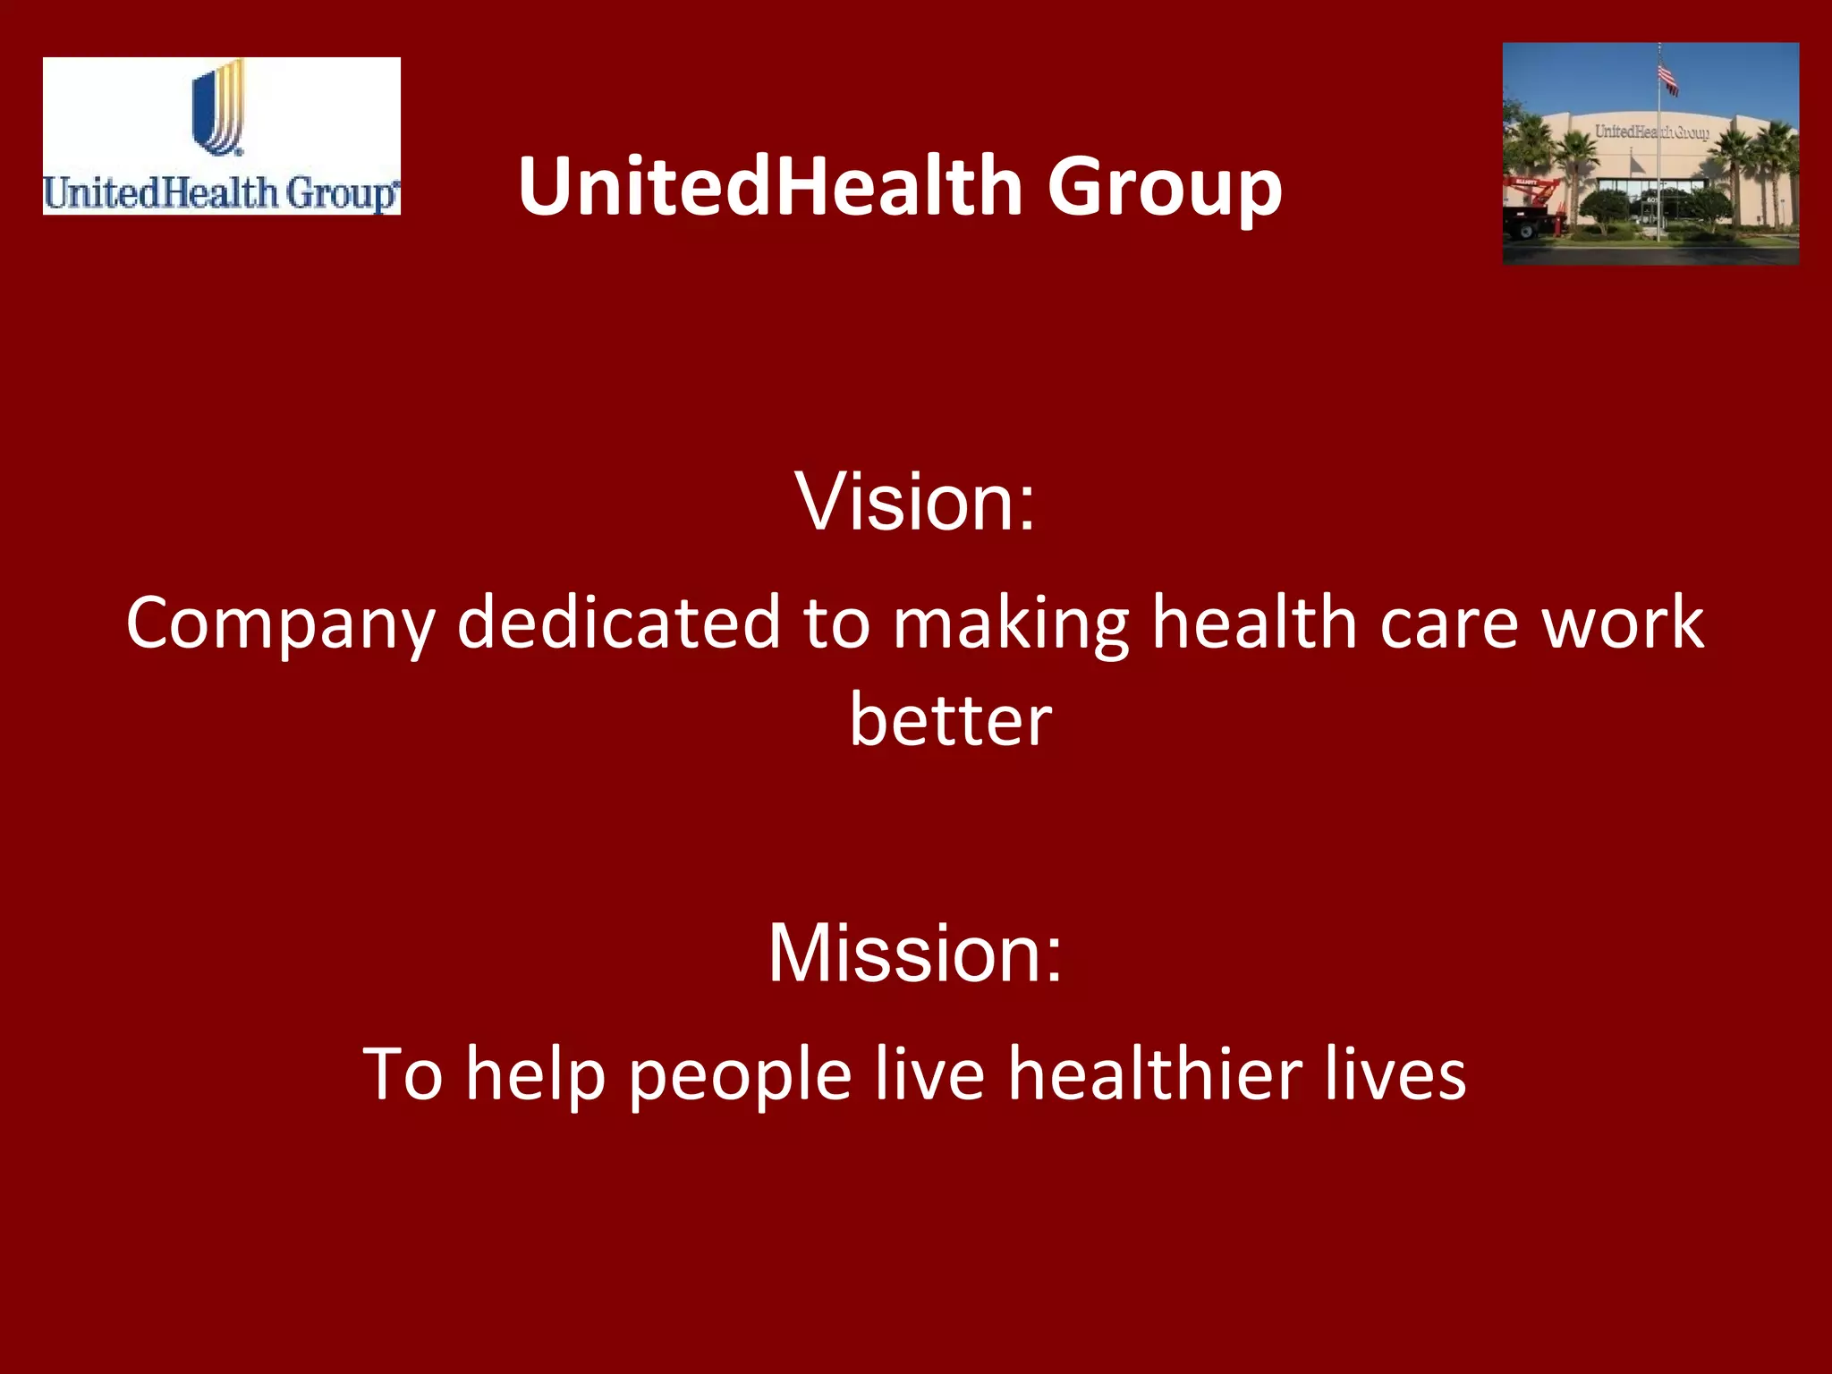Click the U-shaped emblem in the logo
218,107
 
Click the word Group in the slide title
1165,186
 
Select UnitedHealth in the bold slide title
770,186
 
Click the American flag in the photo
1667,79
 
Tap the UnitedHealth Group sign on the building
1651,132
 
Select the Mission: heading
915,953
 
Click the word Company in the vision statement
280,623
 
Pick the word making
1011,623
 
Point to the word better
950,719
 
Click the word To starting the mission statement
403,1073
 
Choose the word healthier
1155,1073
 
